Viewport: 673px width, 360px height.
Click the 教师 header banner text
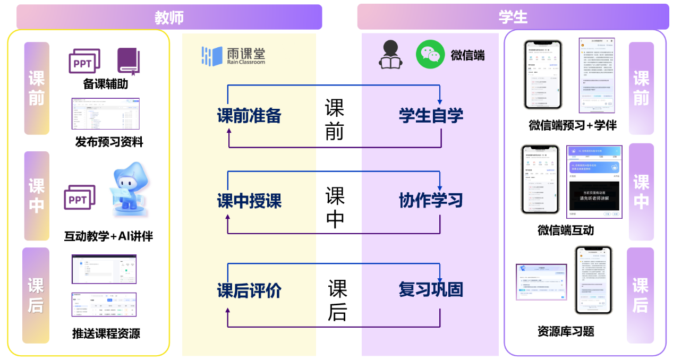pos(169,17)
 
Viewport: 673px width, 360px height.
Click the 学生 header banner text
pos(513,17)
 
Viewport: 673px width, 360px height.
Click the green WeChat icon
pos(430,54)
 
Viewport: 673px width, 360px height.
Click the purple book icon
pos(128,61)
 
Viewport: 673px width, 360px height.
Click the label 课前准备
pos(249,116)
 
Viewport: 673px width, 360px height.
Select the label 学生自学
pos(431,116)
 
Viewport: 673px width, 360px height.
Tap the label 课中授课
pos(249,201)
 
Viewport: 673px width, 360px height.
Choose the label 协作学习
pos(431,201)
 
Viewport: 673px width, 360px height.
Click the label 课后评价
pos(249,291)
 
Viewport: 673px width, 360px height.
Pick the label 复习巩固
pos(431,290)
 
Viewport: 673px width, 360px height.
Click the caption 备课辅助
pos(105,84)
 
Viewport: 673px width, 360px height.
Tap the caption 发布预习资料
pos(109,142)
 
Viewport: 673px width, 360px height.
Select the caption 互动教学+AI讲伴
pos(108,236)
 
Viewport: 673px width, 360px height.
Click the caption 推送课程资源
pos(106,333)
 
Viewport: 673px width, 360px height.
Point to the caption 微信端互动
pos(565,230)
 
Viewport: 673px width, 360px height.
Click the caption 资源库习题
pos(565,331)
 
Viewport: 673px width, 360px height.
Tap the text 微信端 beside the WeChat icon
pos(467,55)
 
